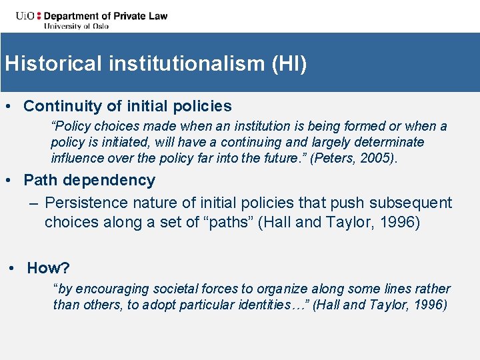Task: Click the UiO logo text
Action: point(16,15)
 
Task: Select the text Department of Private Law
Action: point(106,15)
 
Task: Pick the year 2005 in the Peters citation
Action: point(383,158)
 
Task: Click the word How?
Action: point(48,268)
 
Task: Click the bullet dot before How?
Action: point(13,268)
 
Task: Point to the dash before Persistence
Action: point(33,203)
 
